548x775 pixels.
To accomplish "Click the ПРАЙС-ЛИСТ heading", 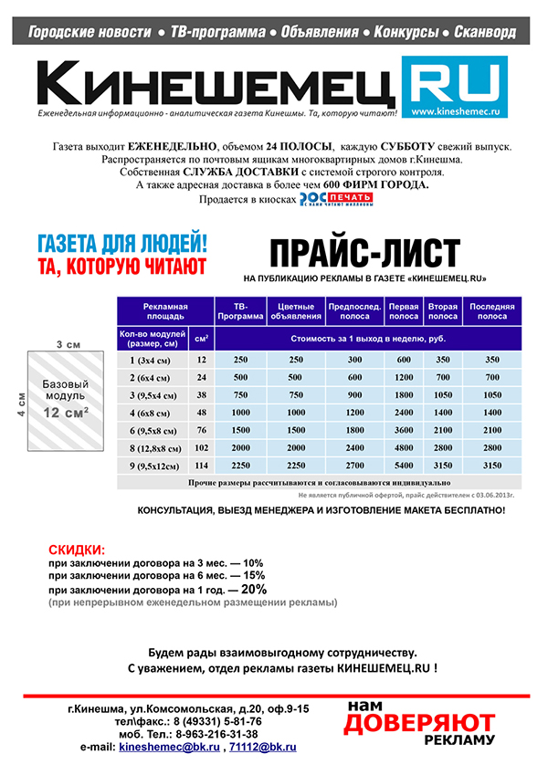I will [364, 251].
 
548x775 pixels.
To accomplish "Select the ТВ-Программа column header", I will [241, 311].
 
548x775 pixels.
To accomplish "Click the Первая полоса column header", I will [404, 311].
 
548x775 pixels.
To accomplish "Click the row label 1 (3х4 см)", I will [152, 360].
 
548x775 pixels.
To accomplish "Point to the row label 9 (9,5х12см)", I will [152, 466].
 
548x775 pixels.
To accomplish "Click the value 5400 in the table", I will [404, 466].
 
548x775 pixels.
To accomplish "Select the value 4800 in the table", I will [404, 448].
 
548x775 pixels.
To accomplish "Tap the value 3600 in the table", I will [404, 430].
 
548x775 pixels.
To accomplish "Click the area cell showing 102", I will [202, 448].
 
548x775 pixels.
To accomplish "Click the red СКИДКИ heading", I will [76, 550].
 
